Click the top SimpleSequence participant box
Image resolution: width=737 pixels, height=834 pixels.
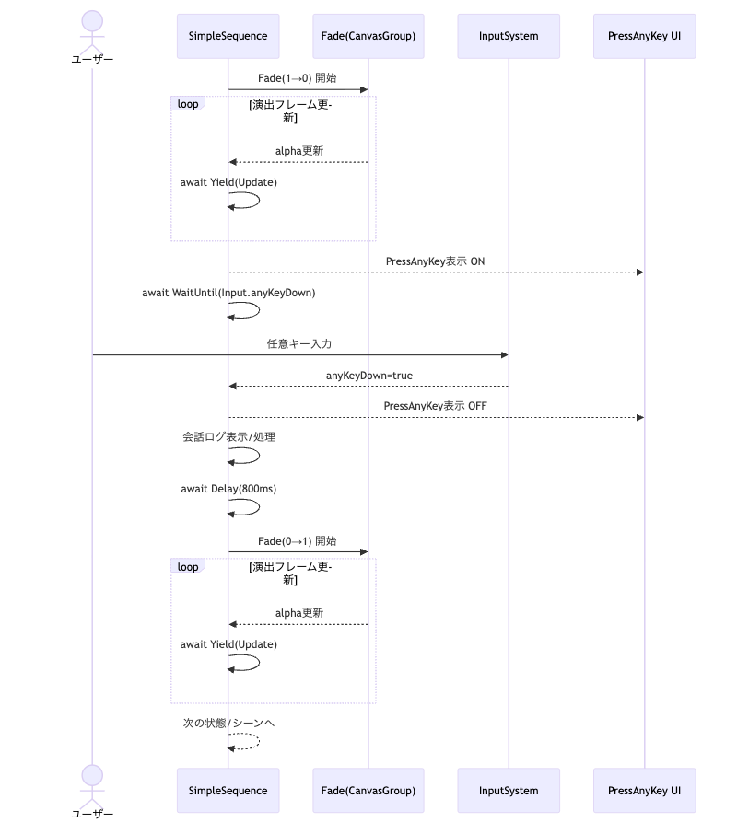coord(228,37)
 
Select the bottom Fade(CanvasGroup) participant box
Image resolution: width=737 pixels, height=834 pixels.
coord(368,790)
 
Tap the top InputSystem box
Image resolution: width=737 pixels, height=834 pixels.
coord(509,37)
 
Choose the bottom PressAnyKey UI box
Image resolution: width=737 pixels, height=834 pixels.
coord(645,790)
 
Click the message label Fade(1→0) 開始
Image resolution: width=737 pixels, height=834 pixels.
coord(298,78)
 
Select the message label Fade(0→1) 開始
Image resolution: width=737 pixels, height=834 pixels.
coord(298,541)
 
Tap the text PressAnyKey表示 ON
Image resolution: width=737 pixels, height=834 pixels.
coord(436,261)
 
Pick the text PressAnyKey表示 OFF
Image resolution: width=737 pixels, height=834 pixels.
coord(436,406)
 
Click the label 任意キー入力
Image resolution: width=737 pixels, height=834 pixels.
coord(299,344)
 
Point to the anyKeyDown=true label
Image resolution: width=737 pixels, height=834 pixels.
coord(368,376)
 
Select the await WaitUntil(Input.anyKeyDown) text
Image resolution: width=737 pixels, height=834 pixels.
coord(228,294)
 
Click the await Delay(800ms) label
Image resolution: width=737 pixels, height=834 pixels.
coord(228,489)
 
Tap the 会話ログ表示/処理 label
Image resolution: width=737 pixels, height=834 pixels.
coord(228,437)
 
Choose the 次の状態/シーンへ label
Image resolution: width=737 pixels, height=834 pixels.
coord(228,724)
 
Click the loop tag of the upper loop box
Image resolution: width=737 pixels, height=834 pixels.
coord(188,104)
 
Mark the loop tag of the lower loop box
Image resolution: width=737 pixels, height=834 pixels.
coord(188,567)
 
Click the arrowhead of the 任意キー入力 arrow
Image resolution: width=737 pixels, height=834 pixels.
coord(503,354)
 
